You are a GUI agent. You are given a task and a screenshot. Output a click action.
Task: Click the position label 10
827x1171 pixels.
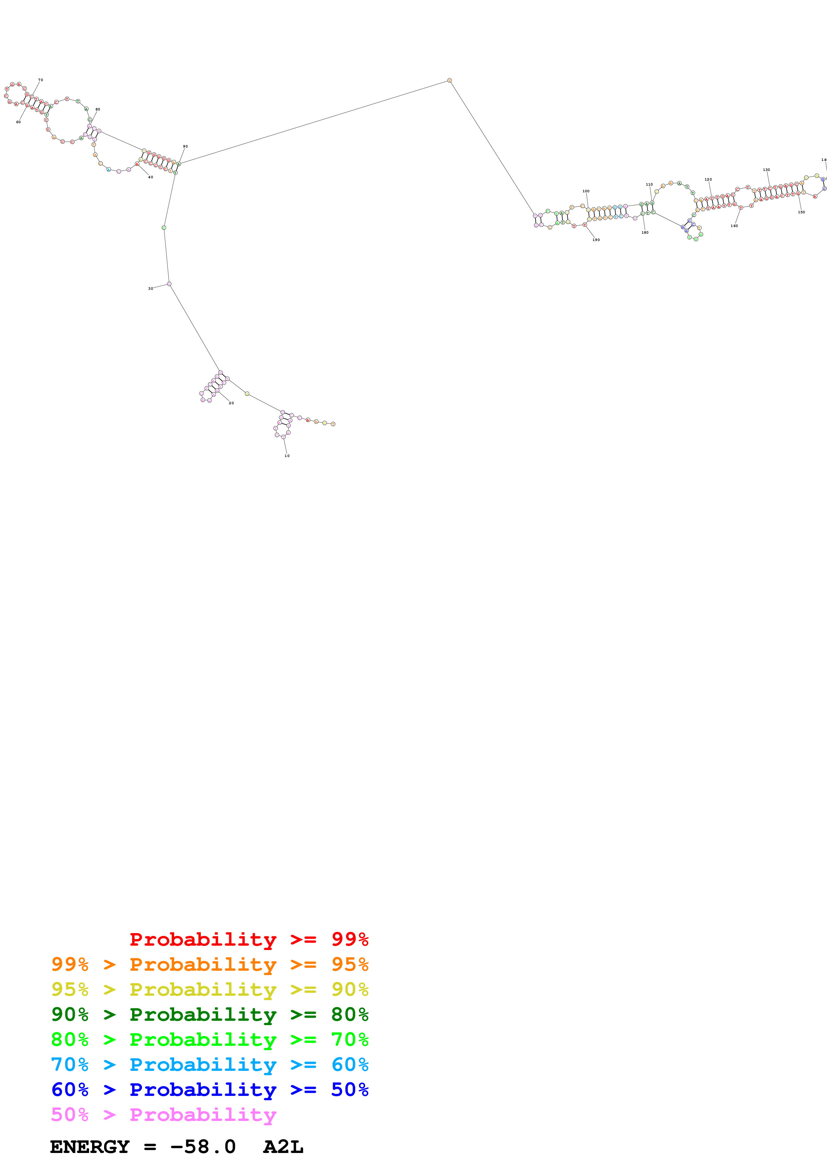pos(287,455)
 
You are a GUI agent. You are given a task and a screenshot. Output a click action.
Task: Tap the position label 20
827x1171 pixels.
pos(231,403)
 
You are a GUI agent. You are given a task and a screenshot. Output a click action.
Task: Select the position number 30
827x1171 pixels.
pos(150,289)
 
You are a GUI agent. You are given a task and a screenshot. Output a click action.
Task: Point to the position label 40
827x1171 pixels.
pos(150,177)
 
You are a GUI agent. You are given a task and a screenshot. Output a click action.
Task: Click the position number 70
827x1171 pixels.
pos(41,80)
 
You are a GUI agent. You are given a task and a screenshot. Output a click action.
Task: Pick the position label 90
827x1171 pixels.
pos(185,146)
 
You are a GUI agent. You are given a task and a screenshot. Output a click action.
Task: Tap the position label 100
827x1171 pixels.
pos(586,191)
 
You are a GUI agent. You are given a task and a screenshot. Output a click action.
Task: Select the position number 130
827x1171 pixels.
pos(766,170)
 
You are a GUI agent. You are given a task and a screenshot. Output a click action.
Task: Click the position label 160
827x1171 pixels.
pos(734,226)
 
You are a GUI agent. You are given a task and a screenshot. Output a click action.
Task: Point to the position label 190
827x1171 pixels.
pos(596,240)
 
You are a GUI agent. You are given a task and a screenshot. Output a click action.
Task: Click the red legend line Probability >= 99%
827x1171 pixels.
pos(249,939)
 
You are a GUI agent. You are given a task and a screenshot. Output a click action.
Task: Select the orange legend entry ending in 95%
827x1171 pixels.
pos(210,964)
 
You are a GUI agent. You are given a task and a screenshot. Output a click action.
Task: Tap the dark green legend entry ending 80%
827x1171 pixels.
pos(210,1014)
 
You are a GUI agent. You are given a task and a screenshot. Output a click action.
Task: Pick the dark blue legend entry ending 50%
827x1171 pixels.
pos(210,1090)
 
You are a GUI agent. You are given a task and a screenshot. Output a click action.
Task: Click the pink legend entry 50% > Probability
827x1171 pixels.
pos(163,1114)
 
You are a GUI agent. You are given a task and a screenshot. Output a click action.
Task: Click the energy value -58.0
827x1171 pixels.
pos(203,1147)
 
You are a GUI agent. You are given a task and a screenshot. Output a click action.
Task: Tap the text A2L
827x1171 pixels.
pos(283,1147)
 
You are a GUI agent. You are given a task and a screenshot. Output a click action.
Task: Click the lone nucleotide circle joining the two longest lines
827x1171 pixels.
pos(449,80)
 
